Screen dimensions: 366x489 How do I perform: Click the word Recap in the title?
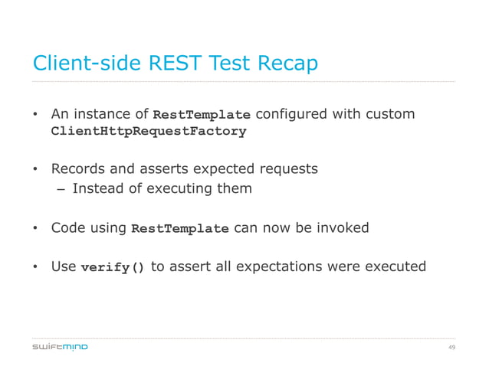[x=281, y=64]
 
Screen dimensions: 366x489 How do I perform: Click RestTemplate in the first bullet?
[x=202, y=115]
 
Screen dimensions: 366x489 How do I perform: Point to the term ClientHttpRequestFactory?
[x=148, y=131]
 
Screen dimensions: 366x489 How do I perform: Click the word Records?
[x=77, y=168]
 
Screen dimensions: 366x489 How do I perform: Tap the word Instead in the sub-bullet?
[x=98, y=188]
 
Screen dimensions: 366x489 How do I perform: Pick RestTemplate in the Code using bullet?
[x=180, y=228]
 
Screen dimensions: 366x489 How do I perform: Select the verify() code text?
[x=112, y=267]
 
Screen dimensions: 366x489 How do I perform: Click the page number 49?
[x=451, y=347]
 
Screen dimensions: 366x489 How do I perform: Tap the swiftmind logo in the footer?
[x=60, y=347]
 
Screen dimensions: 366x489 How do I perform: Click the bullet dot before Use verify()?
[x=35, y=267]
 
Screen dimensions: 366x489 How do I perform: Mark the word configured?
[x=290, y=114]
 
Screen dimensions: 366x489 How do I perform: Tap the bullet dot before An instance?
[x=35, y=115]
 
